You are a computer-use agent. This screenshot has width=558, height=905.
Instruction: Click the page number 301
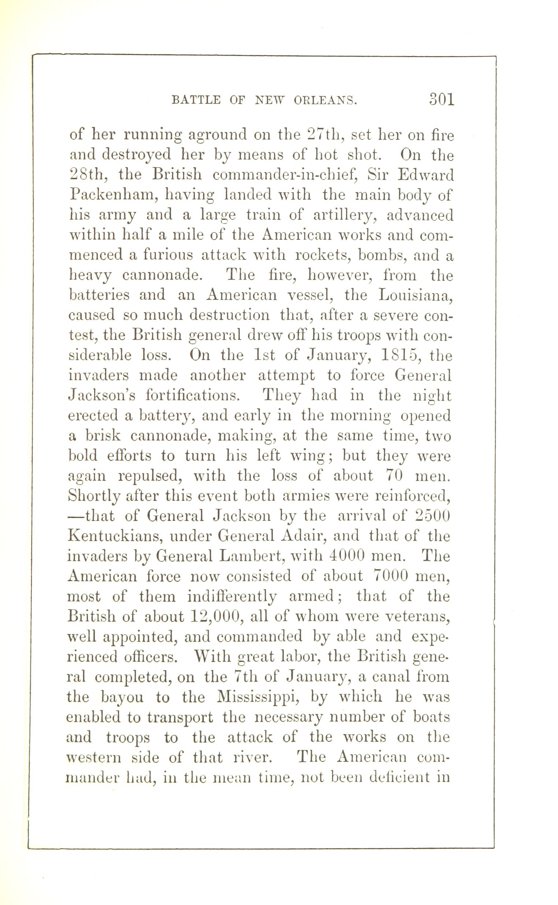441,99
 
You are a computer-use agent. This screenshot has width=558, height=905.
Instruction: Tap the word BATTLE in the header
196,100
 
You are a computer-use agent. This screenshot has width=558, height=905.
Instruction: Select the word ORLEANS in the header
325,100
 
